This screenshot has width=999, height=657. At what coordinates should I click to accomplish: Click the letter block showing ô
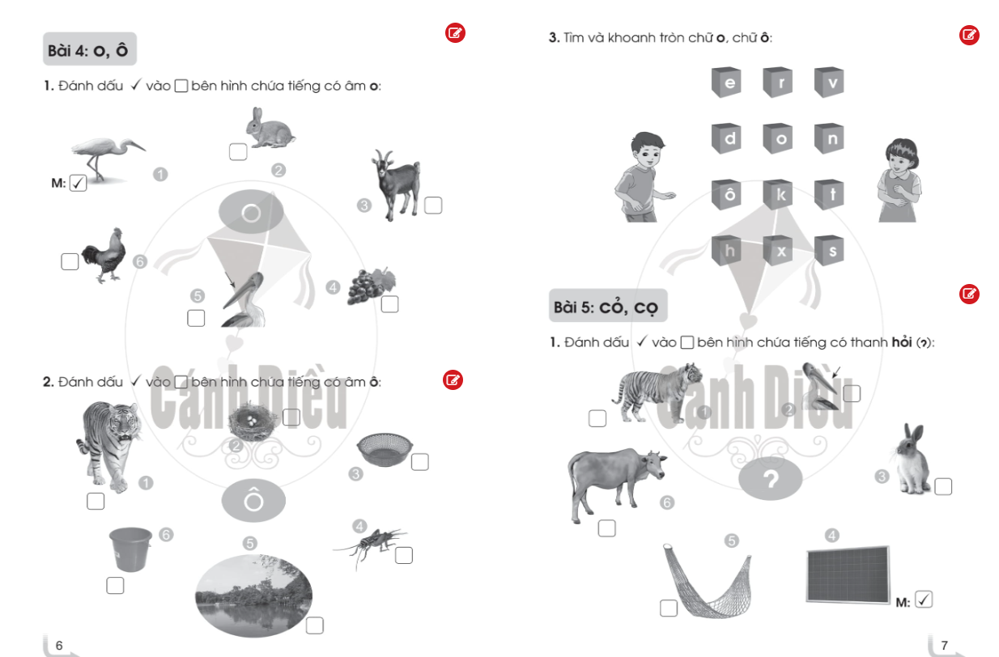[x=726, y=194]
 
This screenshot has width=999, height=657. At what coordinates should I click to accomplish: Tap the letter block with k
[x=778, y=194]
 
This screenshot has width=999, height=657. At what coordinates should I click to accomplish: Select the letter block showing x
[x=778, y=251]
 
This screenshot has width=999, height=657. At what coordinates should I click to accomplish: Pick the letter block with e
[x=726, y=82]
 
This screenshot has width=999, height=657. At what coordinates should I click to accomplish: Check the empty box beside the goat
[x=433, y=206]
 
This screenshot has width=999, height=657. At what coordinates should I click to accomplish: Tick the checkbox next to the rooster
[x=70, y=261]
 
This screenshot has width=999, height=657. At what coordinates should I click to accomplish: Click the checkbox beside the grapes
[x=389, y=304]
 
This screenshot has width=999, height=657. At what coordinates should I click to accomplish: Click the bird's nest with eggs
[x=252, y=422]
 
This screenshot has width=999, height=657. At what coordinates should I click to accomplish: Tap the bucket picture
[x=130, y=549]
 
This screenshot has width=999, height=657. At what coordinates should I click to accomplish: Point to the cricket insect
[x=370, y=545]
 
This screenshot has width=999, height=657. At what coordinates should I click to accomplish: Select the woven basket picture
[x=385, y=449]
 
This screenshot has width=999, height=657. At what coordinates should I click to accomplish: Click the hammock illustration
[x=708, y=582]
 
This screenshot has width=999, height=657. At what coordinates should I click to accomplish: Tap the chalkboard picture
[x=848, y=575]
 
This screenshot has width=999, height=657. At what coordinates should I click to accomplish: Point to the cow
[x=616, y=483]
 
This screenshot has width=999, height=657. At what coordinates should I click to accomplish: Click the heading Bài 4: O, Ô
[x=90, y=49]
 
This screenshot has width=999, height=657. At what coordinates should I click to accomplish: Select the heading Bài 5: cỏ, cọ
[x=608, y=306]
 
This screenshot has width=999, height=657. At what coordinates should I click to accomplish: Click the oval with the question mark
[x=770, y=479]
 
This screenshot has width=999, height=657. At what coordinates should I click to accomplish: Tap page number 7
[x=944, y=645]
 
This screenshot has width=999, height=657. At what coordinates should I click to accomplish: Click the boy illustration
[x=644, y=176]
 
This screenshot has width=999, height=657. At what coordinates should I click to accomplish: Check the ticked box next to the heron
[x=78, y=183]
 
